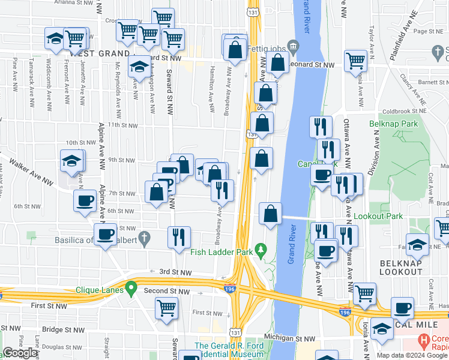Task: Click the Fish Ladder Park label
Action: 221,253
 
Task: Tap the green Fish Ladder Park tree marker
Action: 261,248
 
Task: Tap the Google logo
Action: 20,353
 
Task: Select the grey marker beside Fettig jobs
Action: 293,46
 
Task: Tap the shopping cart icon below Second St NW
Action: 167,308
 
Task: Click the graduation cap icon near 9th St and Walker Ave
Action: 71,161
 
